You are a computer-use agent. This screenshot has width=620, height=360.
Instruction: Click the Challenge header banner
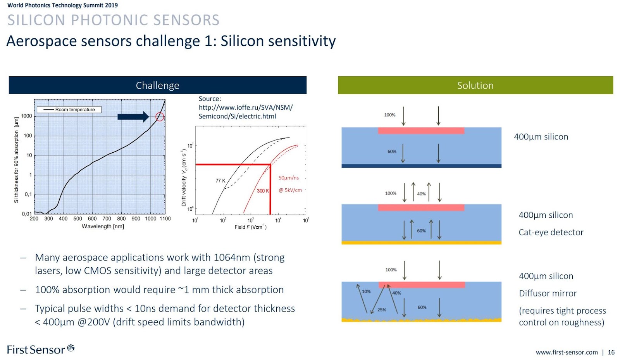[157, 85]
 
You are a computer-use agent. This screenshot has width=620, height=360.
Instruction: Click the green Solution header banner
[475, 85]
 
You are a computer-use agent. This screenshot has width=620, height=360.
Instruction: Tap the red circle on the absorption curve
[160, 117]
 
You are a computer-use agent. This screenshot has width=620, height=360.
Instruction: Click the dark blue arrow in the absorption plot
[133, 117]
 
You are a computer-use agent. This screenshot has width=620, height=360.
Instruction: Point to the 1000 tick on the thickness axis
[27, 116]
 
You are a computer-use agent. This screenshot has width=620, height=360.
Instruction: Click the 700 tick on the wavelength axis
[107, 219]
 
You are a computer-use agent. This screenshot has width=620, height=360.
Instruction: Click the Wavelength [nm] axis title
[103, 226]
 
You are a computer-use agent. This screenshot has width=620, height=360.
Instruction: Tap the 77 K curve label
[220, 181]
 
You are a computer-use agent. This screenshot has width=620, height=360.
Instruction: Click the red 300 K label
[263, 191]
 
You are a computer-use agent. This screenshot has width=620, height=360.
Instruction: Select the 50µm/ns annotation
[289, 178]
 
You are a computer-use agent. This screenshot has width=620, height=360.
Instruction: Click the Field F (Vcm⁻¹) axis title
[250, 227]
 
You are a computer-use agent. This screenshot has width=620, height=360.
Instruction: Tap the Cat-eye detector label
[551, 232]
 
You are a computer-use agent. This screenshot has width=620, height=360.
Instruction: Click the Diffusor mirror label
[548, 293]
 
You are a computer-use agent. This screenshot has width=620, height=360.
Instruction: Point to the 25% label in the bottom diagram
[382, 310]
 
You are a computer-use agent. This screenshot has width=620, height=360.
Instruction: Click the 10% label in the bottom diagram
[366, 291]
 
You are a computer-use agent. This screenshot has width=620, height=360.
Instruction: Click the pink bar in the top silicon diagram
[421, 131]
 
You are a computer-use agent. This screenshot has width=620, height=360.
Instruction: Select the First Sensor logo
[40, 350]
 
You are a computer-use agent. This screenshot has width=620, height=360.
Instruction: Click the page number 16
[611, 352]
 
